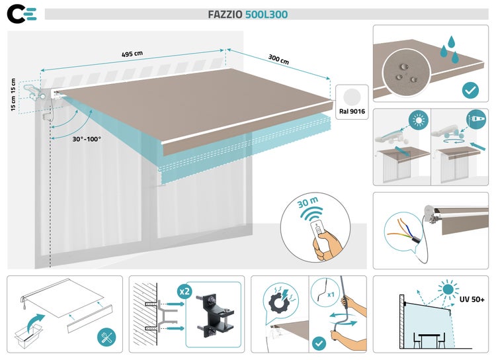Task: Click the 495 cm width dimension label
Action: [132, 54]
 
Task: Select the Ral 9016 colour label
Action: [351, 112]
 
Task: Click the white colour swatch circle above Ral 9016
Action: [351, 95]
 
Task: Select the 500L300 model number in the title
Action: [267, 15]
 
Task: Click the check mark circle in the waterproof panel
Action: [471, 89]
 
